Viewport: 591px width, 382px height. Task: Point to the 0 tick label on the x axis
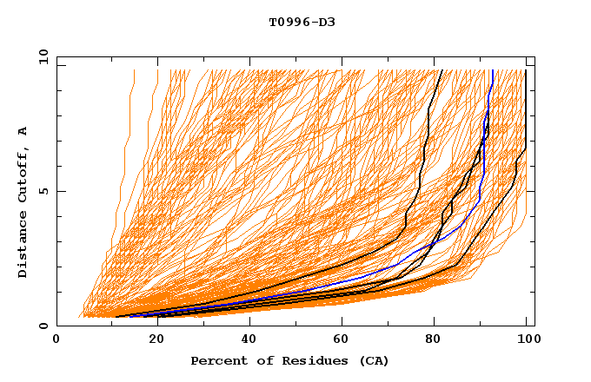pos(56,342)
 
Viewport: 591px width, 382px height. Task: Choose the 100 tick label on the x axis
pos(527,342)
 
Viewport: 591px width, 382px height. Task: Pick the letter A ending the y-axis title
pos(23,131)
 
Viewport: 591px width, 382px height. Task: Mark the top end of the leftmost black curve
pos(442,69)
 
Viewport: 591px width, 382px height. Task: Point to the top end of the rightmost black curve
pos(526,69)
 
